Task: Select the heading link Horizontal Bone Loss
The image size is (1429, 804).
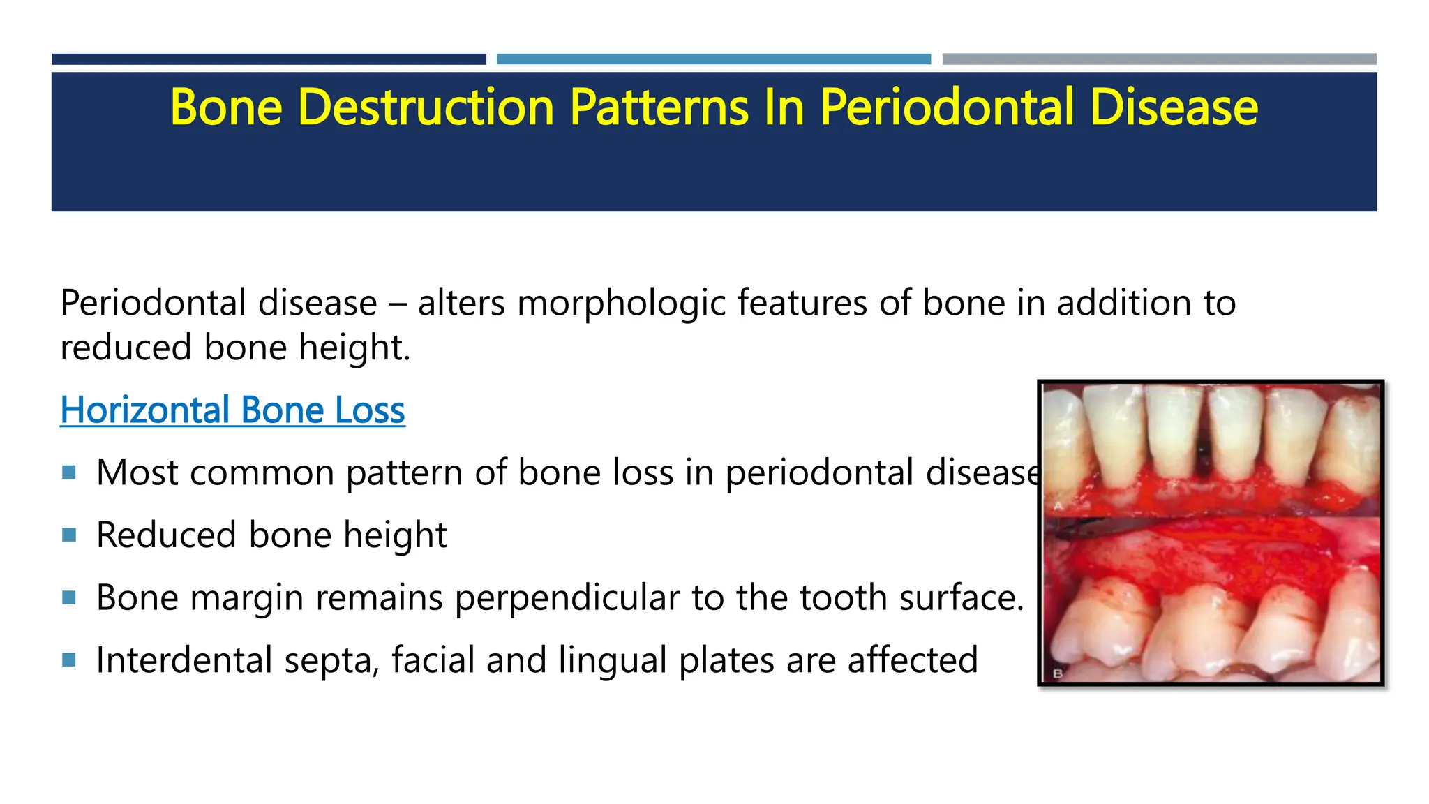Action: point(232,410)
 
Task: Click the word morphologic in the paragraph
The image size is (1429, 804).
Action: point(621,303)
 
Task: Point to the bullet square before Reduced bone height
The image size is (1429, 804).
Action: point(68,535)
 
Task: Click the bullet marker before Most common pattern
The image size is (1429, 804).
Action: point(68,472)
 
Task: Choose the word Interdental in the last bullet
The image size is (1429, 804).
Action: point(184,660)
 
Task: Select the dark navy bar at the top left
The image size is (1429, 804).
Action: point(269,59)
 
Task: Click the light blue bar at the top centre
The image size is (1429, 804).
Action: point(713,59)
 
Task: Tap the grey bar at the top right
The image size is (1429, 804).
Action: point(1159,59)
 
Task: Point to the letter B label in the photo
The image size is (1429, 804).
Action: point(1057,673)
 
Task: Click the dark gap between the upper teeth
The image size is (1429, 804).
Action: point(1203,454)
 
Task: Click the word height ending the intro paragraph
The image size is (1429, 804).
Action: point(354,348)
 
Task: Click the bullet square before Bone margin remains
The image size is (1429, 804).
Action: point(68,597)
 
